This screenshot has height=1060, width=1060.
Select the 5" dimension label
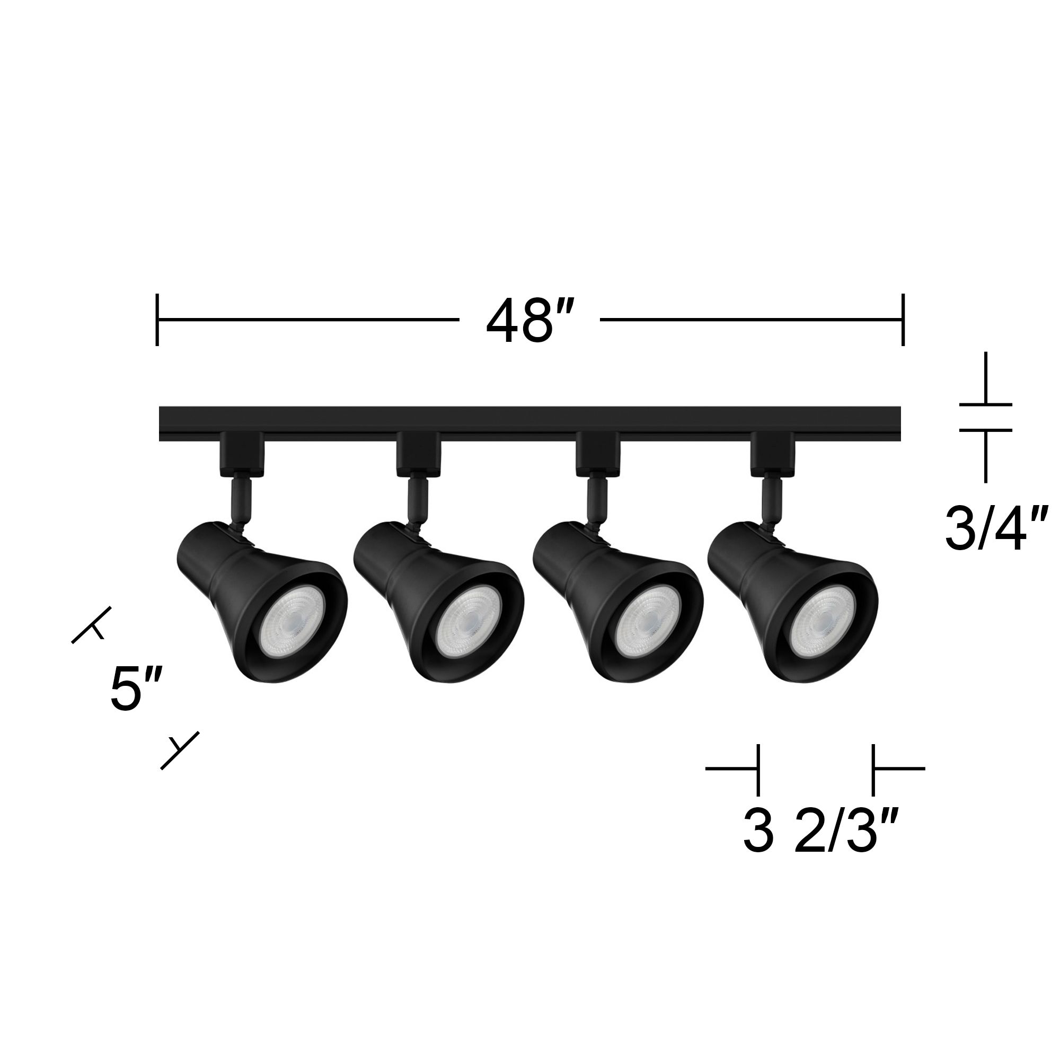coord(136,689)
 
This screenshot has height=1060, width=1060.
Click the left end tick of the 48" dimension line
coord(157,320)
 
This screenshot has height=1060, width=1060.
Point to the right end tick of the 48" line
coord(903,320)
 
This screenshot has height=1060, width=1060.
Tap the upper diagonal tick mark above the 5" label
coord(92,625)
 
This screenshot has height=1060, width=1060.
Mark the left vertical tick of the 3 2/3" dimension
coord(758,770)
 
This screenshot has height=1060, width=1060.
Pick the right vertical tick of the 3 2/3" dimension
coord(873,770)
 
